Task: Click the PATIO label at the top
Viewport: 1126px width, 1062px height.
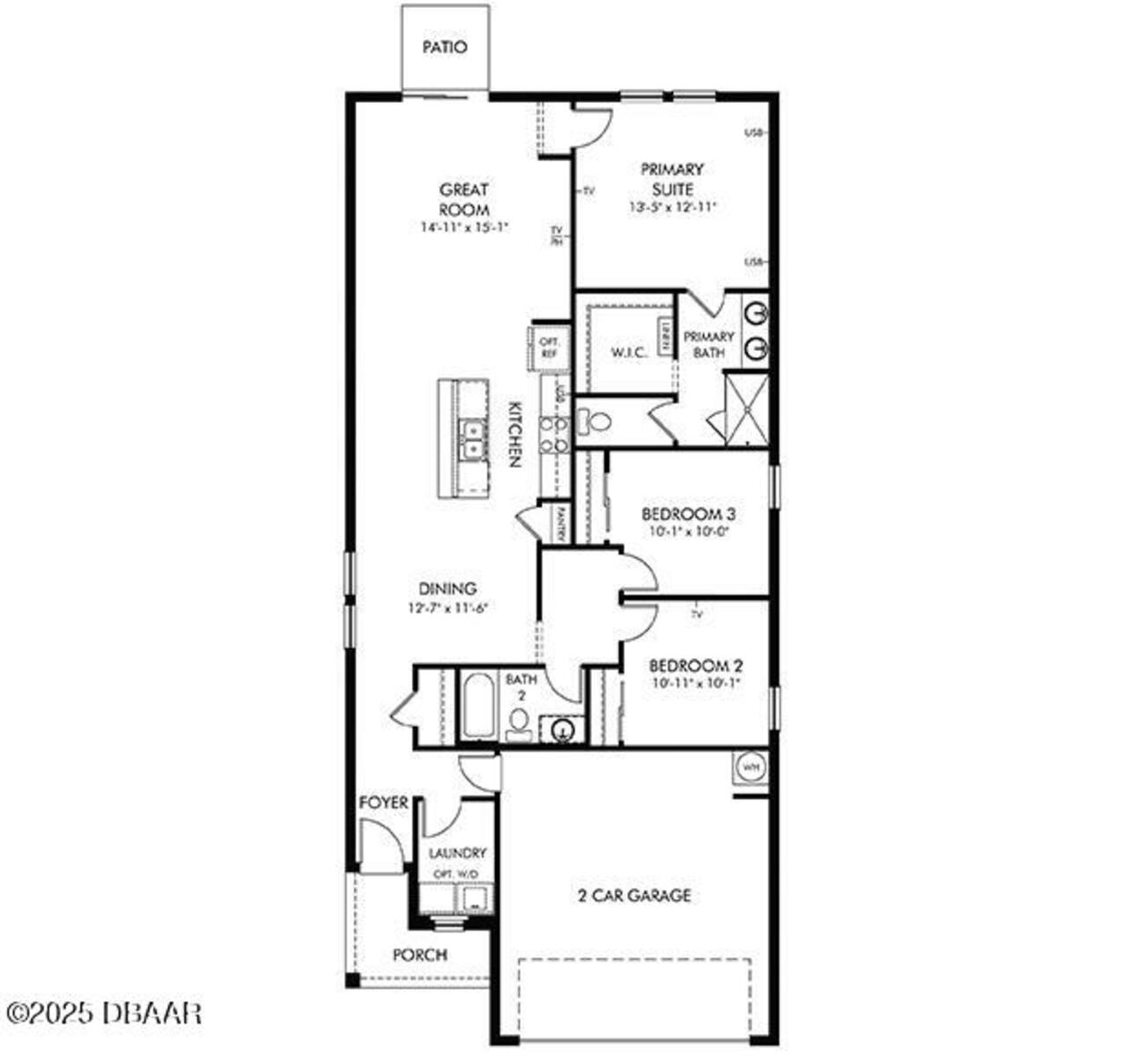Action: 445,48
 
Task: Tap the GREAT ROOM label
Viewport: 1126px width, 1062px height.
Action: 464,200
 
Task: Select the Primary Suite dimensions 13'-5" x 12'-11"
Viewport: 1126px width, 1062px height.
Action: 672,208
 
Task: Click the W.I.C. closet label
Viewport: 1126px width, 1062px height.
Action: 630,353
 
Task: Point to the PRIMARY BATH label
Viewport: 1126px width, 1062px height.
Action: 709,344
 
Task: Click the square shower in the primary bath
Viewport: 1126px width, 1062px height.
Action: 746,406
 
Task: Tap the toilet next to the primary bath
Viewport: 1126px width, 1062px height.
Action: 596,422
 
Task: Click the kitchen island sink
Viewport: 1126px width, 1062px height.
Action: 472,437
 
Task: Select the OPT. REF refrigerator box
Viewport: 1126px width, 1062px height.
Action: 549,347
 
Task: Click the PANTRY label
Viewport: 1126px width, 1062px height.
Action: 560,523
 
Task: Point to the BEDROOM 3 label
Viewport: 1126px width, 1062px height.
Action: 688,514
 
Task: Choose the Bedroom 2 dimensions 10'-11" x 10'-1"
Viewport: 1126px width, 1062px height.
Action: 696,683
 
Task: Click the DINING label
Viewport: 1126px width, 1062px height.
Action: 448,589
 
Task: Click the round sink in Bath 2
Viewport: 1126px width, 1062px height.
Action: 563,729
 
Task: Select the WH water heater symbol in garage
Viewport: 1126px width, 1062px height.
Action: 750,766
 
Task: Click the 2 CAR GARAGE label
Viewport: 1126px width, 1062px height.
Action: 633,896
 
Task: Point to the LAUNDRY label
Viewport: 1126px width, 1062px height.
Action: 457,853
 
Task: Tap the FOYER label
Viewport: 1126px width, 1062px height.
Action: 384,802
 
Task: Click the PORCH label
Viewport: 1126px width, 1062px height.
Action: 420,955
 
